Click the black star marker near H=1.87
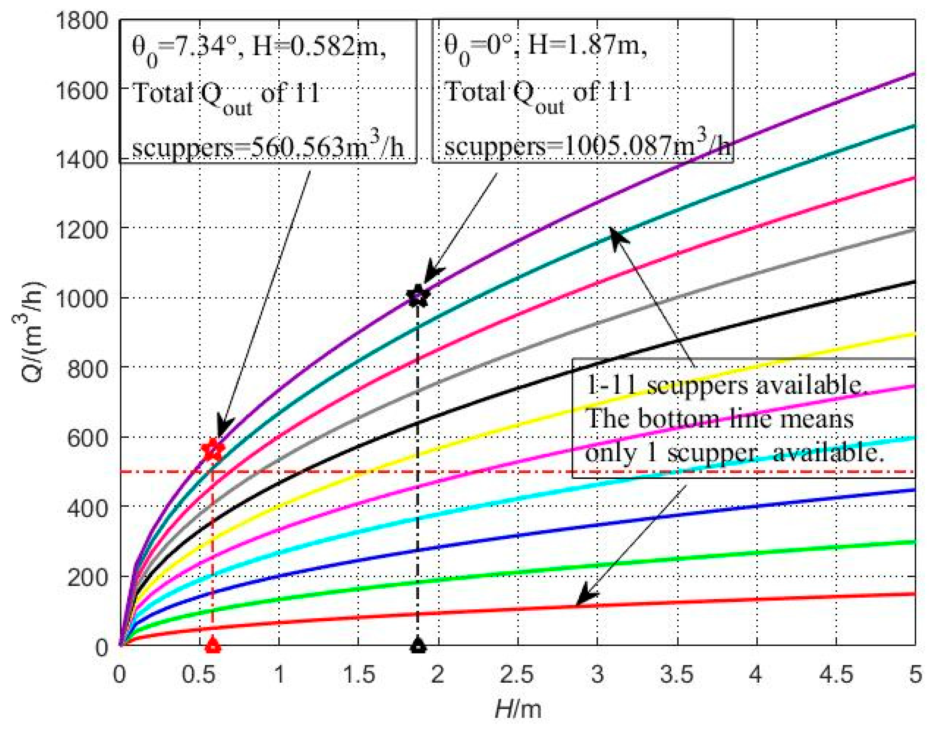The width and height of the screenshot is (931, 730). point(418,296)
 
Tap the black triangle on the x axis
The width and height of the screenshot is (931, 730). point(419,645)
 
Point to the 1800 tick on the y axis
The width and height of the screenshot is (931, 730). point(81,21)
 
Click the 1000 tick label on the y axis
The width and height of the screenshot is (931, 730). point(81,298)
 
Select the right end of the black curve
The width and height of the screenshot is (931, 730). point(913,282)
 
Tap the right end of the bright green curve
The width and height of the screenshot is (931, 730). point(913,542)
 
